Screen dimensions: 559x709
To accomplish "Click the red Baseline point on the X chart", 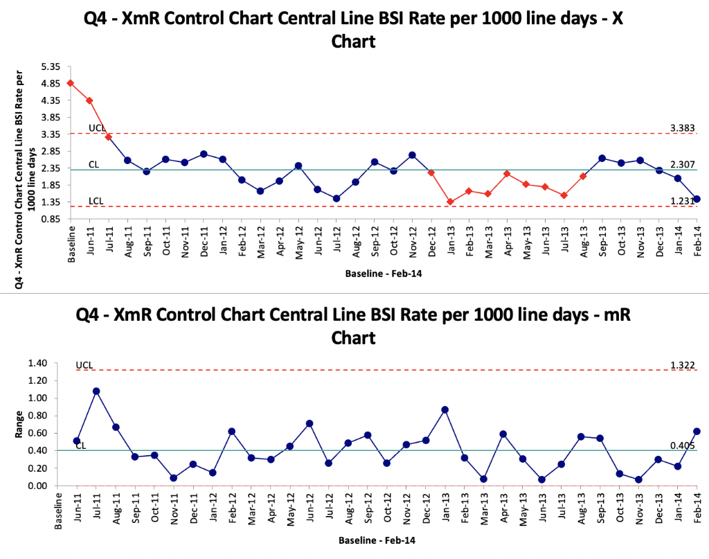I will (x=71, y=83).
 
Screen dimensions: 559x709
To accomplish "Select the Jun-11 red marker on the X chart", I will (x=89, y=100).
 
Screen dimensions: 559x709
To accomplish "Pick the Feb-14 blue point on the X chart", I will (x=697, y=199).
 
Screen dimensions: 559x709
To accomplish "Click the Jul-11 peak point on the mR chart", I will (x=96, y=391).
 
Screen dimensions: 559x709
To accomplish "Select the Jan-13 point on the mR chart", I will (x=445, y=409).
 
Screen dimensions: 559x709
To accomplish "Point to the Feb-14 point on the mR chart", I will (x=696, y=431).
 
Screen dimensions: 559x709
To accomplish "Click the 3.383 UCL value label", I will (x=682, y=127).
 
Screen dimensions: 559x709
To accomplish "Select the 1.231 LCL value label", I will (x=682, y=200).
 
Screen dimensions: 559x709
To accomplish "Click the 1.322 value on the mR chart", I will (x=682, y=364).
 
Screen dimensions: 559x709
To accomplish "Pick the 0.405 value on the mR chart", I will (x=682, y=445).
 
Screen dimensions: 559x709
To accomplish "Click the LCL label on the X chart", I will (x=97, y=201).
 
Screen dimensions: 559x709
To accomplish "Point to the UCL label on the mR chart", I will (x=84, y=364).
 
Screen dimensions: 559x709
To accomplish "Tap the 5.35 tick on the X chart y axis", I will (x=51, y=66).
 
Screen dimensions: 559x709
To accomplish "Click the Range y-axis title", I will (x=20, y=424).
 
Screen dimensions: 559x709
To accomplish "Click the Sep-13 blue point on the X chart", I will (x=602, y=158).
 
